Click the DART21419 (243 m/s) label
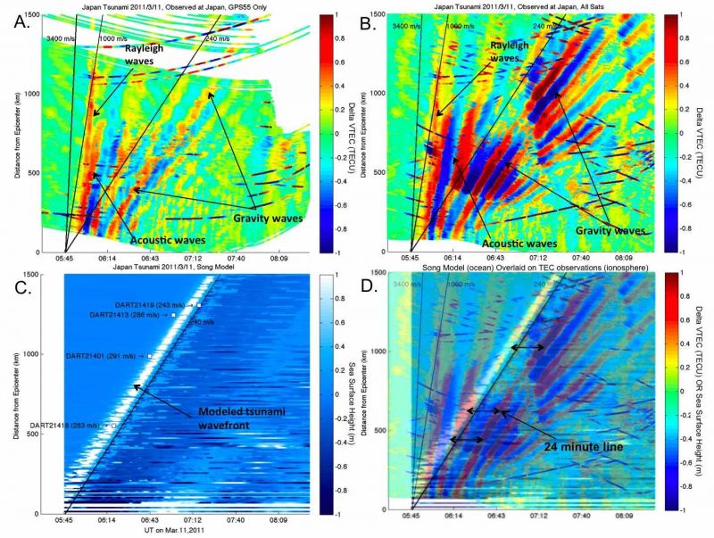[x=152, y=305]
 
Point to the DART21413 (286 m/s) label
[x=129, y=315]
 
